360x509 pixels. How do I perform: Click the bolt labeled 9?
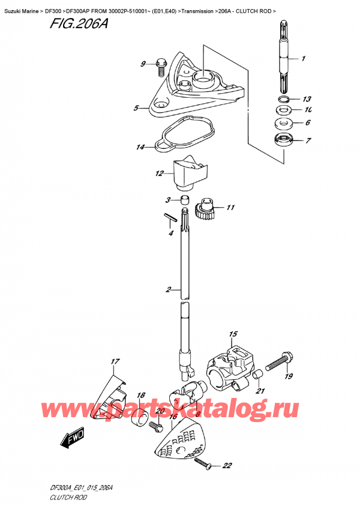point(161,67)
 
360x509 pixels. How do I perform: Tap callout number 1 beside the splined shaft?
point(303,59)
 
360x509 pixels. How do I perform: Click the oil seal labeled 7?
point(284,140)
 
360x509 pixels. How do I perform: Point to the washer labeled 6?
point(284,122)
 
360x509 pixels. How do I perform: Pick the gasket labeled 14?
point(184,134)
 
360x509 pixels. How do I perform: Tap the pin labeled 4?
point(170,217)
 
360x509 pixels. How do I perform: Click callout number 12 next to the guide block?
point(159,173)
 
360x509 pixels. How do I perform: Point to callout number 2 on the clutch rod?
point(168,289)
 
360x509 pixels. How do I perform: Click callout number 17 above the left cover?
point(115,361)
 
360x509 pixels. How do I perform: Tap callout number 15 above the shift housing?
point(233,334)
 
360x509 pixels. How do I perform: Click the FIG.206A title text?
point(79,23)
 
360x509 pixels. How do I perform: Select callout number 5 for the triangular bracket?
point(136,108)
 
